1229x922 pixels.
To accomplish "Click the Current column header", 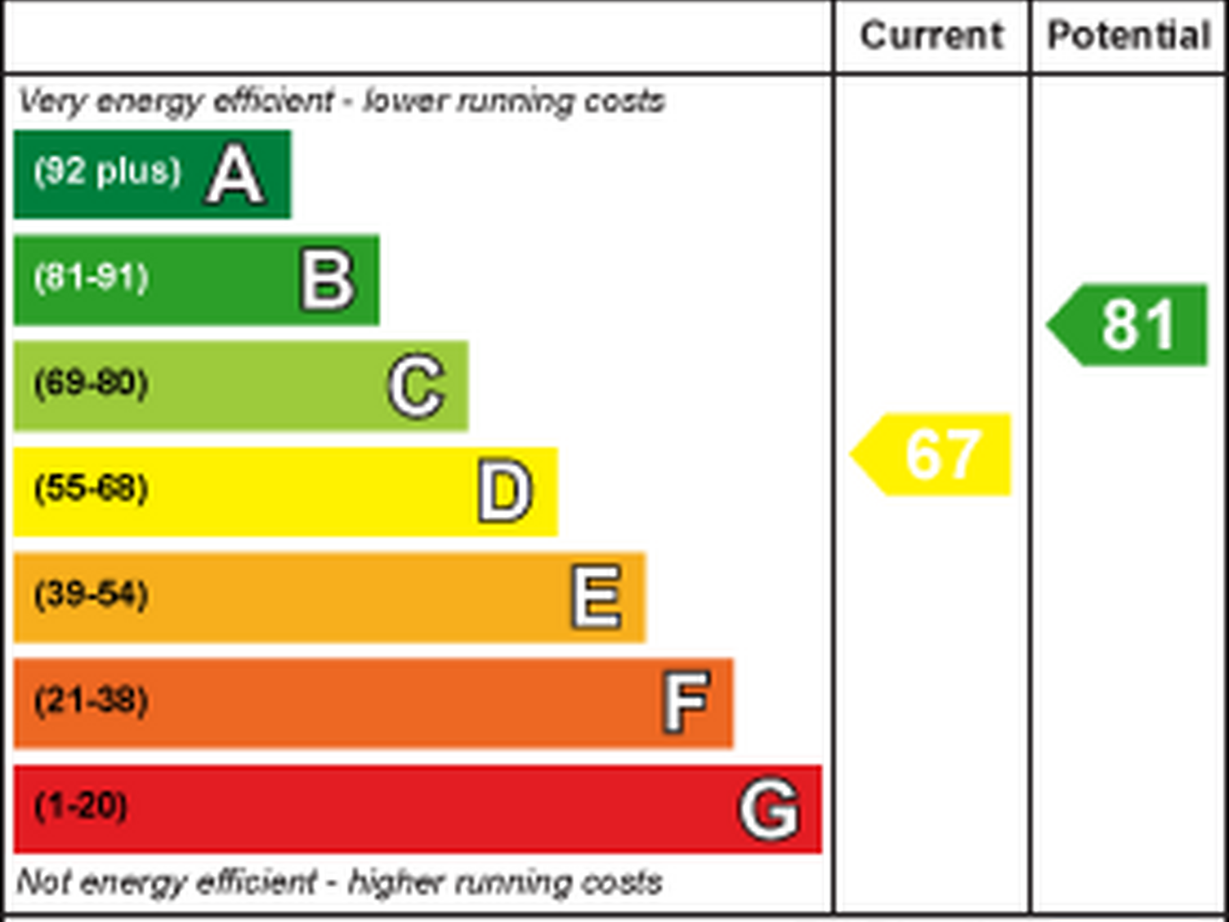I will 931,36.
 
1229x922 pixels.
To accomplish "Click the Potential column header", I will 1129,36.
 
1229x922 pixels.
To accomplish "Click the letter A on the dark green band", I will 235,175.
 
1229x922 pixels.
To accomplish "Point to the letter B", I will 328,280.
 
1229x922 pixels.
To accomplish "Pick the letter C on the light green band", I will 416,387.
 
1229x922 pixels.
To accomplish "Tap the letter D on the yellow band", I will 505,491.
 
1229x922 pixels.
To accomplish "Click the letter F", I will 686,702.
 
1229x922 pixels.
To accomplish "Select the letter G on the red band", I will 769,809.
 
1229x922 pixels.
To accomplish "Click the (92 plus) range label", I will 108,171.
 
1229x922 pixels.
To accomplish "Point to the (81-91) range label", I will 91,277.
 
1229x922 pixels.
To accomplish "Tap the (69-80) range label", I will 91,382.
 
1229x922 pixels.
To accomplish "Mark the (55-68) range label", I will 91,488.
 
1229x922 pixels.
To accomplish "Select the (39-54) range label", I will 91,593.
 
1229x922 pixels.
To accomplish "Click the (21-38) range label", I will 91,700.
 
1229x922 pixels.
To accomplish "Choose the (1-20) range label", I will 81,806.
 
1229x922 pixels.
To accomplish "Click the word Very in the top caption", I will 53,102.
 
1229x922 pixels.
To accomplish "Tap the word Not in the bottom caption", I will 42,882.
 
